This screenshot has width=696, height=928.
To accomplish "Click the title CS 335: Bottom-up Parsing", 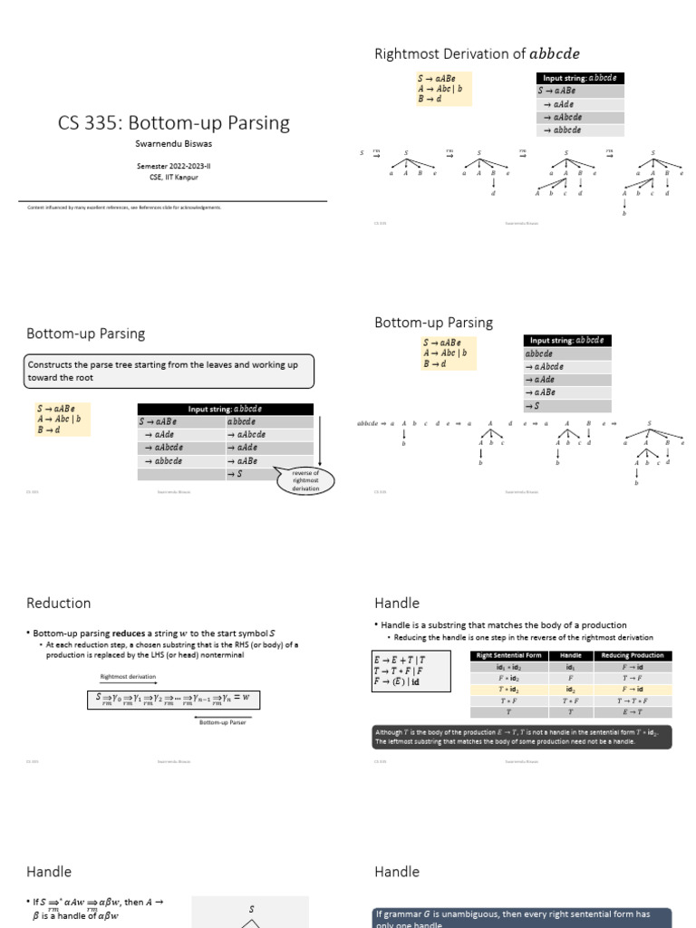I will point(174,122).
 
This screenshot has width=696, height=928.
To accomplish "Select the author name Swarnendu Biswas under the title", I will point(173,144).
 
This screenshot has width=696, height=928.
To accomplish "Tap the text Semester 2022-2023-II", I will point(173,167).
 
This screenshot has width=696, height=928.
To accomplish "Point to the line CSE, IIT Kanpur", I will point(173,177).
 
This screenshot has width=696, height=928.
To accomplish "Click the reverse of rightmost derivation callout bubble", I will point(304,481).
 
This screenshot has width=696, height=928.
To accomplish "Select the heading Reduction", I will point(59,603).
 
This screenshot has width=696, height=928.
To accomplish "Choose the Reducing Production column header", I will point(633,655).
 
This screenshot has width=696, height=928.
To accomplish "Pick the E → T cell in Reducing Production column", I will point(633,712).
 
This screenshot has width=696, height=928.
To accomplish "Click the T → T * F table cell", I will point(633,701).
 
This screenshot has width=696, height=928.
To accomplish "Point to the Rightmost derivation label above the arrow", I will point(127,676).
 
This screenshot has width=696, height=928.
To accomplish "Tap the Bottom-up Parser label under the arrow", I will point(223,722).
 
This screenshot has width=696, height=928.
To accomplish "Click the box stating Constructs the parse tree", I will point(169,371).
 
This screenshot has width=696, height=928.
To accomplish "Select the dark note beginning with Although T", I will point(522,737).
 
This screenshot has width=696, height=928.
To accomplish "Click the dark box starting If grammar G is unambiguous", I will point(522,917).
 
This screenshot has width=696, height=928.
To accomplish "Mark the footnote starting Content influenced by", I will point(125,208).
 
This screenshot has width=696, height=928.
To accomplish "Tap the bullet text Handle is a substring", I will point(502,625).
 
